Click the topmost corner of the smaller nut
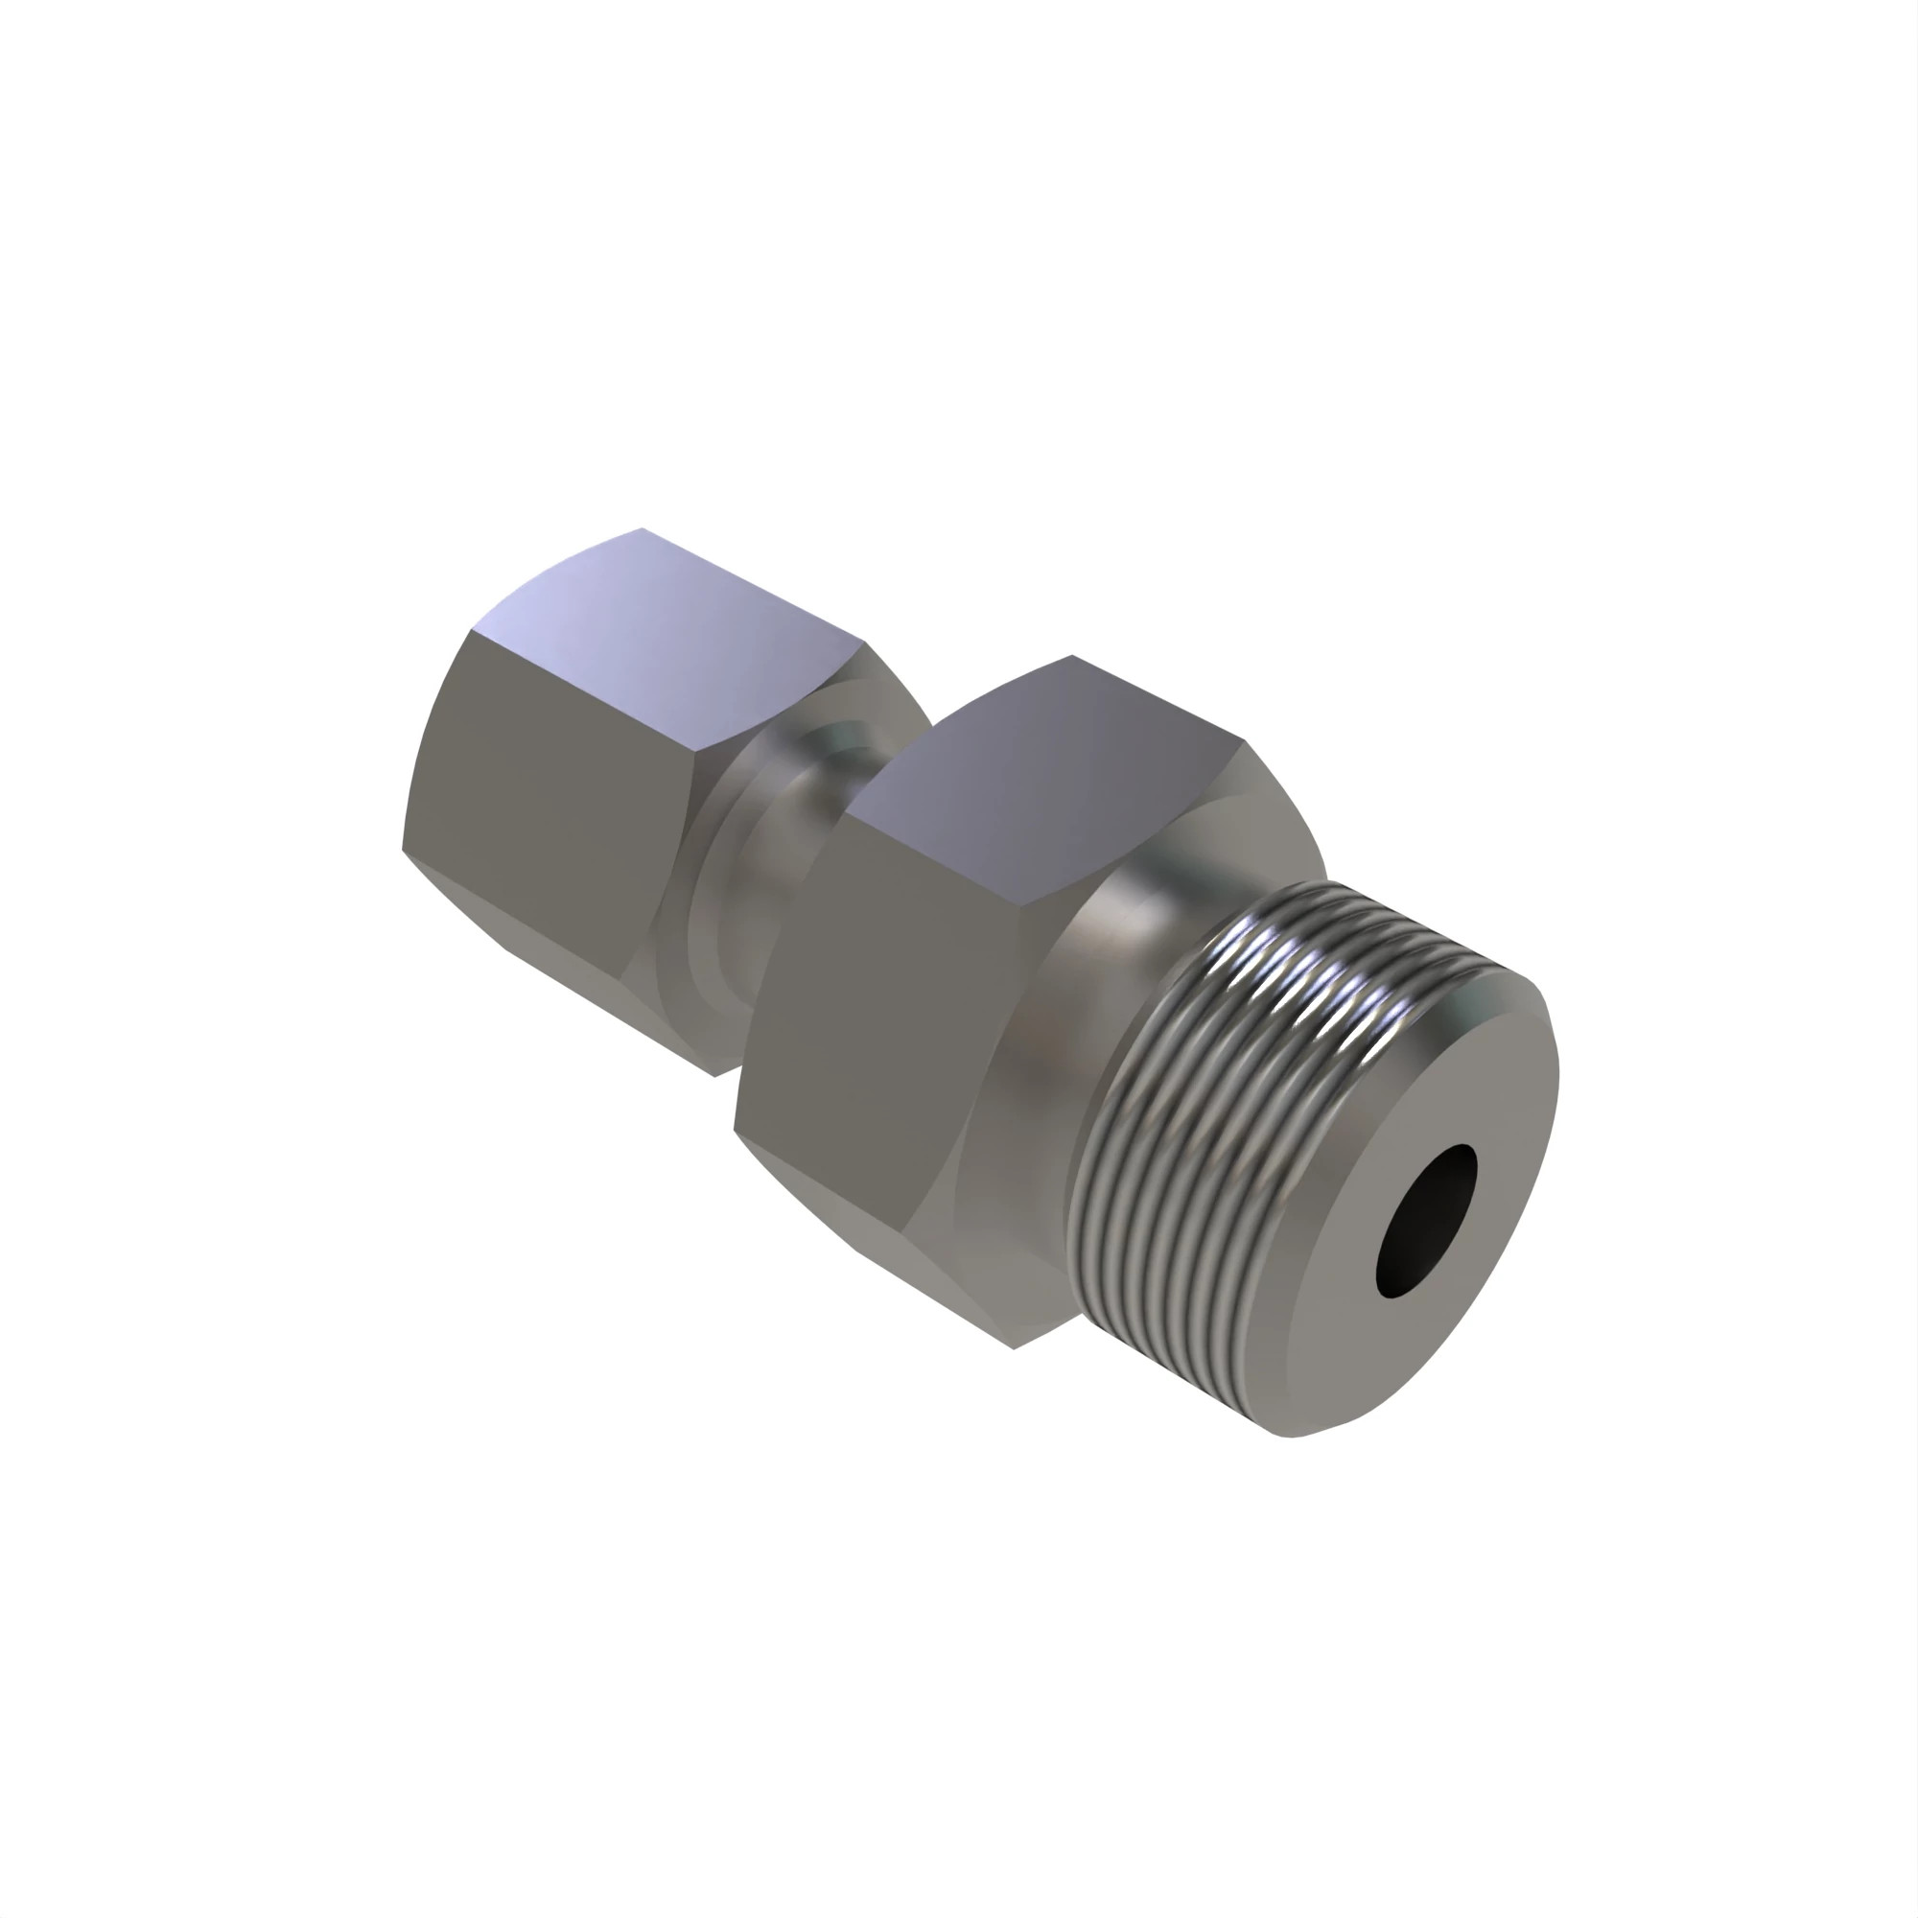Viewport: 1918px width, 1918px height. [642, 529]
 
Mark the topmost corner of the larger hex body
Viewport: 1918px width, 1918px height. [1072, 656]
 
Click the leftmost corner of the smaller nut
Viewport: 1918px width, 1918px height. [402, 849]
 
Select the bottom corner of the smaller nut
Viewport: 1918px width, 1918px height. [714, 1075]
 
